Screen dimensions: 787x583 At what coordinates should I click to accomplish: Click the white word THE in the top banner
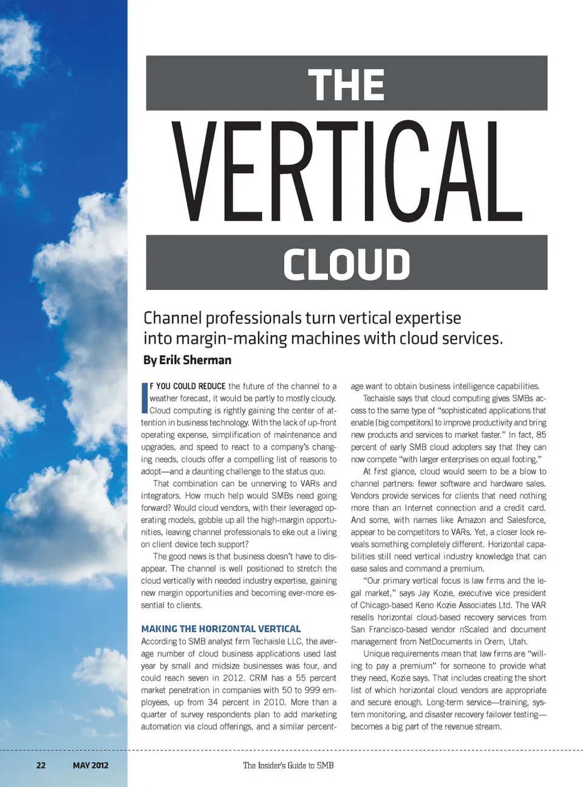tap(346, 84)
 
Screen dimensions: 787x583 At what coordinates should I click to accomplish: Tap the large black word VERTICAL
tap(347, 172)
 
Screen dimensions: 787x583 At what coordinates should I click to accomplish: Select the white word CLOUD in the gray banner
tap(346, 264)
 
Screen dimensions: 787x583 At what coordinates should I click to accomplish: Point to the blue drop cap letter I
tap(145, 398)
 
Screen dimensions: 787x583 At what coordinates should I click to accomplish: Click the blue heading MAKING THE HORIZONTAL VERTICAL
tap(221, 629)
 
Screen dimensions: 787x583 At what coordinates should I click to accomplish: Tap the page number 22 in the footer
tap(41, 765)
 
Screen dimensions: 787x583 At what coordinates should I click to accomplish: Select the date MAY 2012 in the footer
tap(90, 765)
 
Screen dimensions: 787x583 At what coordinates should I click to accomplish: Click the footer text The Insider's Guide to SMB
tap(288, 765)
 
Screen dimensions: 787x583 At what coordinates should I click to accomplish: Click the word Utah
tap(517, 641)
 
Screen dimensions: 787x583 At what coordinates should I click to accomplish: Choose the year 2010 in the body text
tap(274, 702)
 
